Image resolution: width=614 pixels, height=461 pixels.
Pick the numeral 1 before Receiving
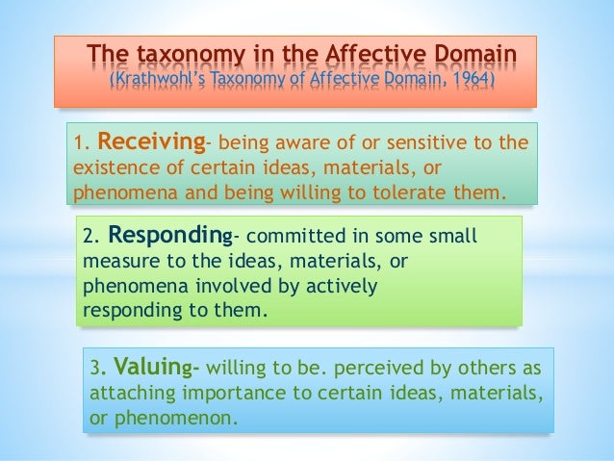click(x=79, y=145)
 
